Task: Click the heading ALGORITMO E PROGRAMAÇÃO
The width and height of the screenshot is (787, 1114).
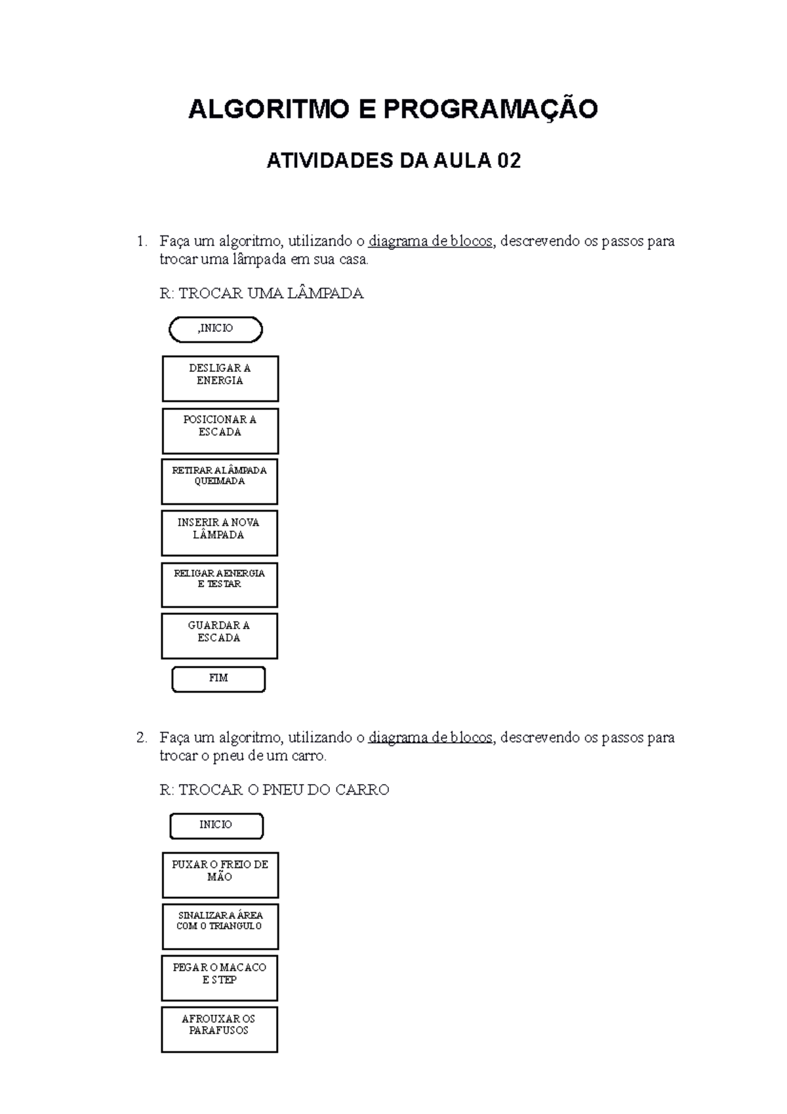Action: coord(393,109)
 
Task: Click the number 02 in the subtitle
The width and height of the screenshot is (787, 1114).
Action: coord(509,161)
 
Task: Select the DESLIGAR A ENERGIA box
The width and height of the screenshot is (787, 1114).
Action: coord(220,379)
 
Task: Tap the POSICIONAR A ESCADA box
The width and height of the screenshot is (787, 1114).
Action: coord(220,430)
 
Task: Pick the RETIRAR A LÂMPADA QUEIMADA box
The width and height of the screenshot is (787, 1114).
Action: coord(219,482)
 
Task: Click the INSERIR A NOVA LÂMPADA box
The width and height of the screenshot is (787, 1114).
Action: coord(219,533)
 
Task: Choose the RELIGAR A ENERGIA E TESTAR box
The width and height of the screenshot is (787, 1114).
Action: coord(219,584)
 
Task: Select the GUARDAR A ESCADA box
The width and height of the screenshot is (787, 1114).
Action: coord(219,636)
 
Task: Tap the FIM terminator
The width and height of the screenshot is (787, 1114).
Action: coord(218,679)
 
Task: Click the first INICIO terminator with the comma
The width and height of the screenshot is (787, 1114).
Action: coord(216,329)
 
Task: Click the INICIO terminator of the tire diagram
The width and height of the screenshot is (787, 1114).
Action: coord(216,825)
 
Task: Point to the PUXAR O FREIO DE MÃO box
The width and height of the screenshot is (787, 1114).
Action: coord(220,875)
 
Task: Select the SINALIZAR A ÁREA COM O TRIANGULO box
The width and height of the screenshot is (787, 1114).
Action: coord(220,926)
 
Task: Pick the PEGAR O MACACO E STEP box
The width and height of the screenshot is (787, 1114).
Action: coord(219,978)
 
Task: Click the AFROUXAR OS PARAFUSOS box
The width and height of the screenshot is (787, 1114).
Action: coord(219,1029)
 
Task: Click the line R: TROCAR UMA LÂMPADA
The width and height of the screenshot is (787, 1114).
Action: coord(261,293)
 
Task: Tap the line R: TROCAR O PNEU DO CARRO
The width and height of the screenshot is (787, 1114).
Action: coord(274,789)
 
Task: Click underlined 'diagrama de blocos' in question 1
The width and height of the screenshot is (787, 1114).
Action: coord(430,241)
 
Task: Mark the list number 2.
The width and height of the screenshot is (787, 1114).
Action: coord(141,737)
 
